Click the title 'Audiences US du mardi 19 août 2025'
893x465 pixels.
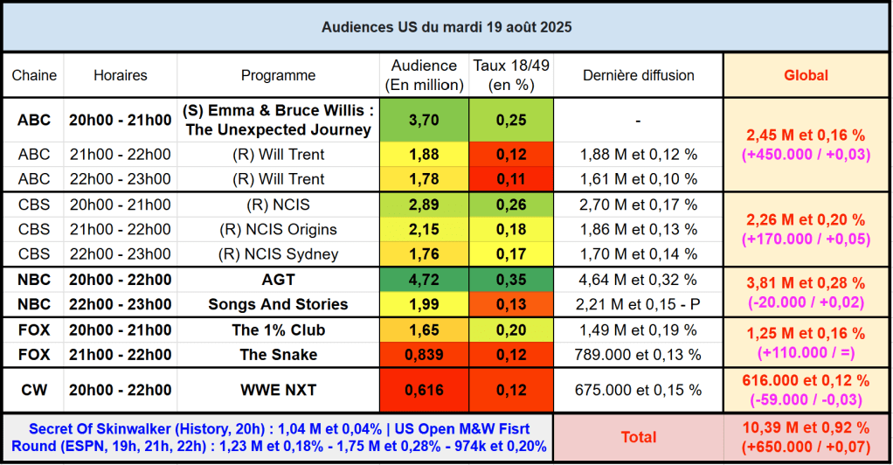446,27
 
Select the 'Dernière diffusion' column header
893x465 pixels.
638,75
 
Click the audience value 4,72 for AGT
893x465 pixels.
424,280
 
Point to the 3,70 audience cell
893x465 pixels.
424,120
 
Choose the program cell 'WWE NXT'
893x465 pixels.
278,389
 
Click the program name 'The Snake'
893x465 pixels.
278,354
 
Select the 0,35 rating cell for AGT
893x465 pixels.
511,280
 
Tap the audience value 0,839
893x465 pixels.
424,354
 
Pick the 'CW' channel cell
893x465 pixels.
34,389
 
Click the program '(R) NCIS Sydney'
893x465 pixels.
278,254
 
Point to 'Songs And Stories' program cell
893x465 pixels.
278,304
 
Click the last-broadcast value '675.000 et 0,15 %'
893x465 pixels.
638,389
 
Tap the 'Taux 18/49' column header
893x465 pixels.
511,75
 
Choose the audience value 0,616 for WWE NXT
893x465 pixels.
424,389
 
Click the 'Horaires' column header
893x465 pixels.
121,75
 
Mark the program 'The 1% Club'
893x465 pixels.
278,330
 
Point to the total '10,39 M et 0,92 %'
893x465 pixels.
805,427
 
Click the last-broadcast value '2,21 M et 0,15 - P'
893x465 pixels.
638,304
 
